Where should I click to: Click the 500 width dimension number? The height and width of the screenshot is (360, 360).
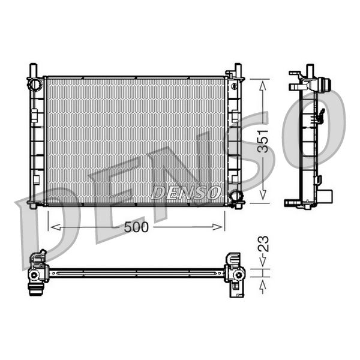pyautogui.click(x=137, y=227)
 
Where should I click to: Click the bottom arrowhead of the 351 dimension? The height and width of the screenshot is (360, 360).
pyautogui.click(x=263, y=198)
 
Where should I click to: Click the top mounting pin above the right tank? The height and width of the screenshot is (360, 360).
pyautogui.click(x=238, y=67)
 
